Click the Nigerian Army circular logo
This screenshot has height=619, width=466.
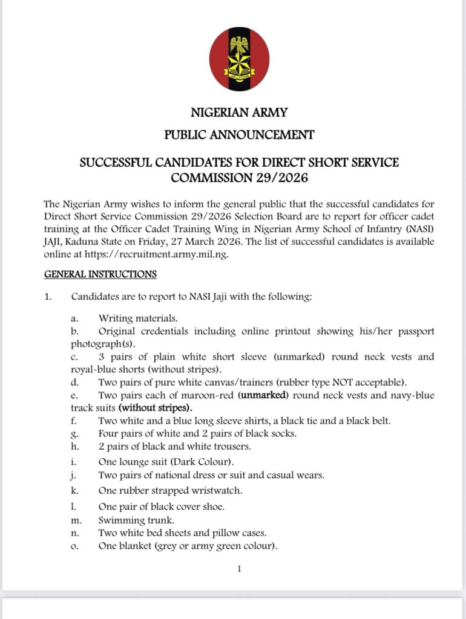(239, 59)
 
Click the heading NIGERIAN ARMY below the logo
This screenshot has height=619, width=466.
(239, 112)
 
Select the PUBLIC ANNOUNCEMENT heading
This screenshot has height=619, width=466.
(239, 135)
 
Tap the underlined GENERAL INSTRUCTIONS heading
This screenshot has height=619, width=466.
(100, 274)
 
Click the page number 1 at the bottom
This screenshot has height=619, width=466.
(239, 568)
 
